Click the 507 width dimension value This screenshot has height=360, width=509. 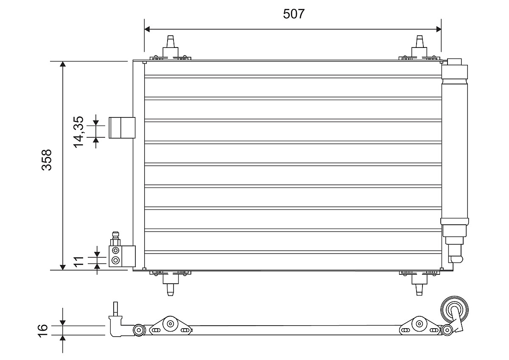click(294, 14)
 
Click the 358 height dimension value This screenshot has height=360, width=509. click(46, 159)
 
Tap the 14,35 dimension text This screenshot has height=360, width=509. click(79, 131)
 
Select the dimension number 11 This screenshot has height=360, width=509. click(79, 261)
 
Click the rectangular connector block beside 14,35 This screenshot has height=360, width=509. click(122, 128)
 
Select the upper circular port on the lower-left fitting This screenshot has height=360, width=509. click(115, 251)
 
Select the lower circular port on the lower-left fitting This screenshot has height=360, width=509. click(115, 260)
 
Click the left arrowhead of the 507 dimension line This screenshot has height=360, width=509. click(148, 29)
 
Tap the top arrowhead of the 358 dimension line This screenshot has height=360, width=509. click(63, 65)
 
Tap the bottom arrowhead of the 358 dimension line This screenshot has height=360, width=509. click(63, 266)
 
